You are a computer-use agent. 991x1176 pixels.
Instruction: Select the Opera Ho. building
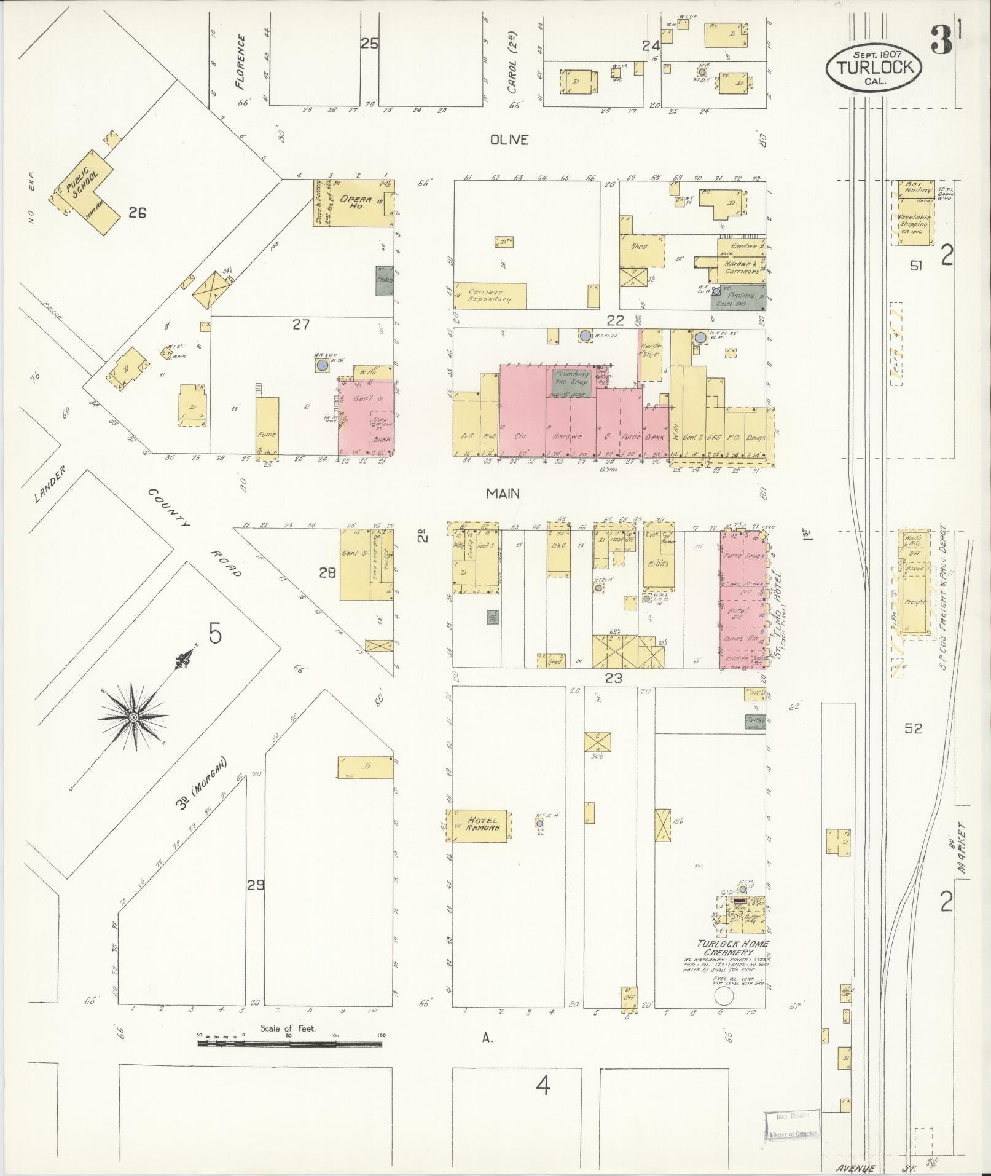click(x=354, y=203)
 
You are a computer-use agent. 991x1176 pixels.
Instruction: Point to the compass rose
click(x=133, y=717)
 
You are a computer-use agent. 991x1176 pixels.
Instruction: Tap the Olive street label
click(x=509, y=140)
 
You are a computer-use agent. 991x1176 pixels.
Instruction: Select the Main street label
click(x=503, y=493)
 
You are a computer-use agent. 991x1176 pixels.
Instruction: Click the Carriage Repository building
click(x=490, y=296)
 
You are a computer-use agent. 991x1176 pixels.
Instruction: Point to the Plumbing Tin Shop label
click(x=571, y=377)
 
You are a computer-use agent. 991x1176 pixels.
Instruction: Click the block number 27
click(x=300, y=324)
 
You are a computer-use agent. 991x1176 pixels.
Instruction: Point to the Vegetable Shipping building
click(x=914, y=221)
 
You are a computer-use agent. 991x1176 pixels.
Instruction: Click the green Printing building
click(x=738, y=296)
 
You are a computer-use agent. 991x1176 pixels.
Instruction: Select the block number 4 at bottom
click(x=542, y=1086)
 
